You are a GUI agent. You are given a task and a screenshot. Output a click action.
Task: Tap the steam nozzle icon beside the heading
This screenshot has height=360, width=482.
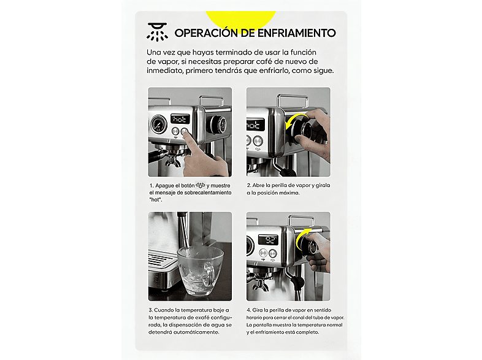[x=157, y=30]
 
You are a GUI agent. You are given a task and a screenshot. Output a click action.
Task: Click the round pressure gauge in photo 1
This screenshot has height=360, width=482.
[x=158, y=125]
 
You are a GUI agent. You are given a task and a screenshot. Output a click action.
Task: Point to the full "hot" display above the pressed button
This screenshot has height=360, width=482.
[x=181, y=119]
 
